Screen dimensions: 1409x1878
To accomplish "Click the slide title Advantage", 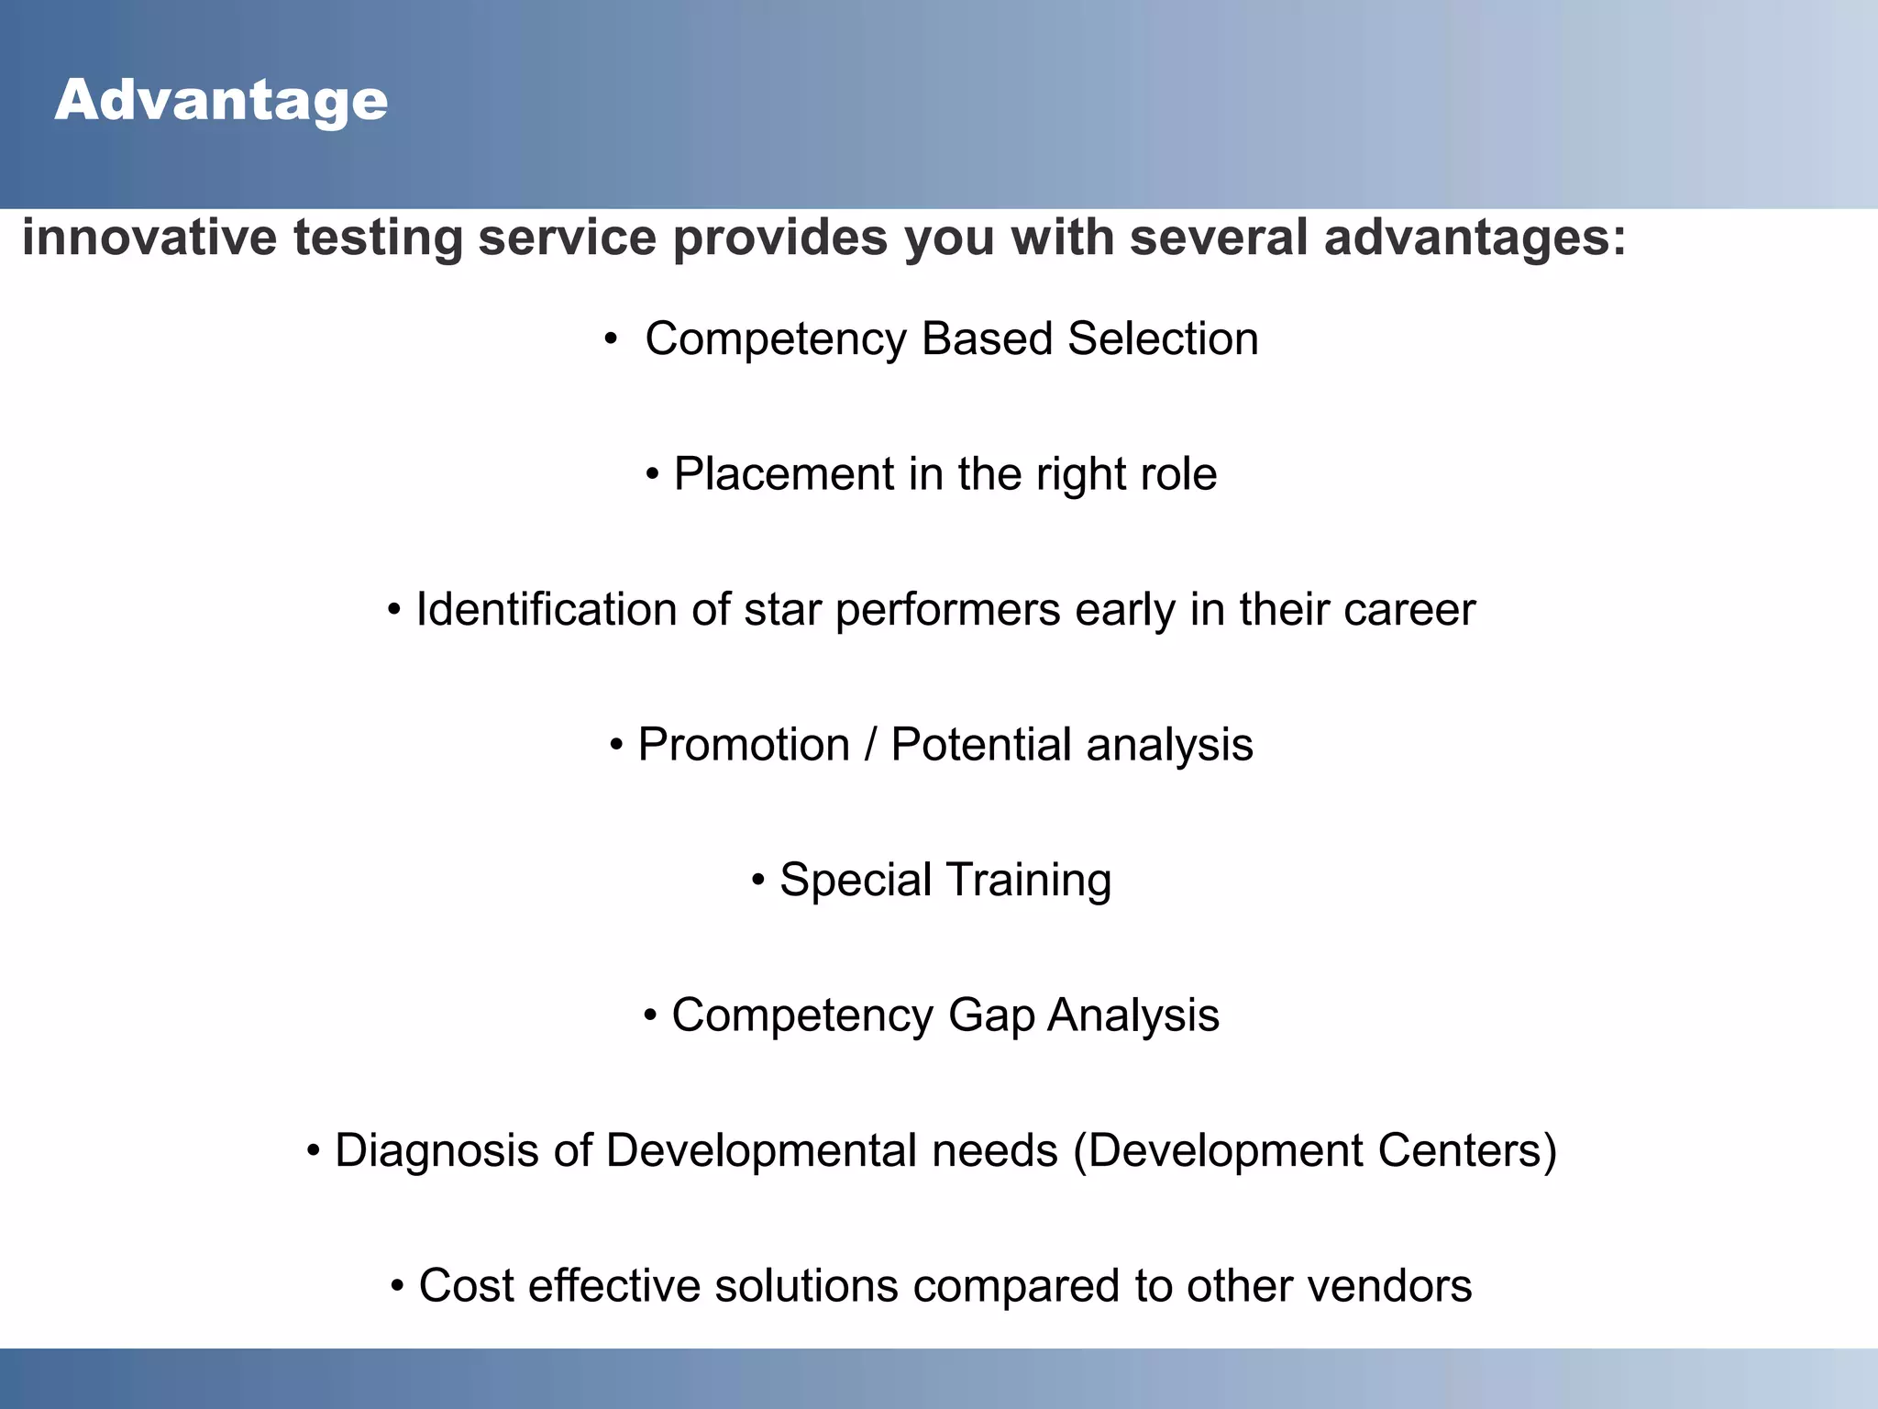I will coord(221,100).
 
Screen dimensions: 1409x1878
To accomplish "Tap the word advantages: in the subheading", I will coord(1475,237).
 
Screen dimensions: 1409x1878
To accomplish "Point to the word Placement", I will coord(783,474).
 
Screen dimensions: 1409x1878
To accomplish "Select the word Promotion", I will coord(744,744).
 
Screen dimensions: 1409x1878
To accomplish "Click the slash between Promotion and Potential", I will coord(870,744).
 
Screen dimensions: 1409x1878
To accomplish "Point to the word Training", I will coord(1028,880).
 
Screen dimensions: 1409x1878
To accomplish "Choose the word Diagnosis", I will coord(436,1150).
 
